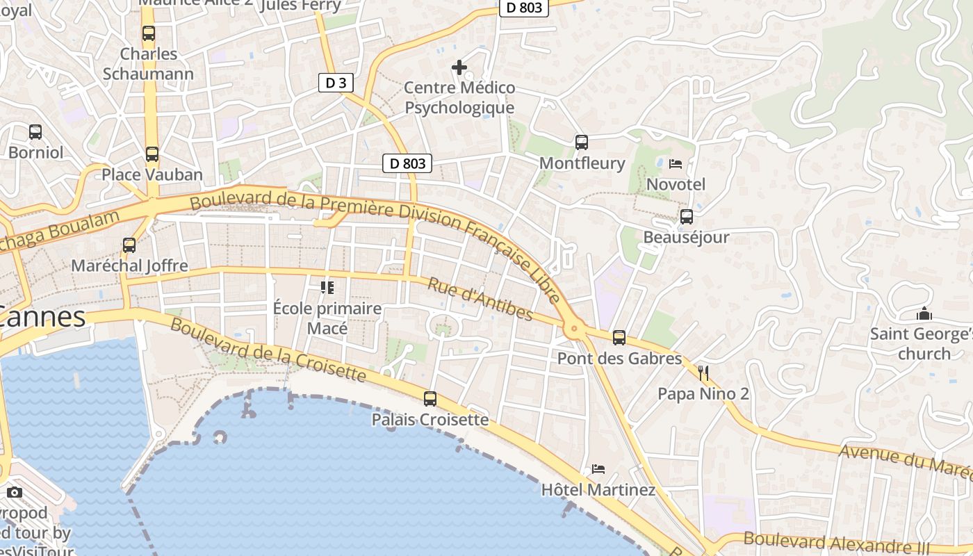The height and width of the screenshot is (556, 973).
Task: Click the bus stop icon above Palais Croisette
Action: pos(430,399)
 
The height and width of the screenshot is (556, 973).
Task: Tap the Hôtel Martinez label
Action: pos(598,490)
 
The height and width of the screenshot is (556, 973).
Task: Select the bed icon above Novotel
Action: pos(676,164)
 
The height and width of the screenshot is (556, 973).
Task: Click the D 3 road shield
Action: pos(336,83)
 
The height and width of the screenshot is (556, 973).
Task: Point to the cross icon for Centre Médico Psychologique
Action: pos(459,67)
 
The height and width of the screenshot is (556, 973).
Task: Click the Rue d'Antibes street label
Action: pos(480,300)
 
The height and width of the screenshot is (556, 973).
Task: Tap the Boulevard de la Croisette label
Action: pos(268,350)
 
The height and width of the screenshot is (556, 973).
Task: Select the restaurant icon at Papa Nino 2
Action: pos(703,373)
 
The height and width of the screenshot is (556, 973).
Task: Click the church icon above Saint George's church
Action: pos(924,313)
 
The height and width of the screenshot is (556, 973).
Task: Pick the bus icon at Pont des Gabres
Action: pos(619,338)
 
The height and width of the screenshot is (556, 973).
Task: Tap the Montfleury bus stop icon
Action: pos(582,142)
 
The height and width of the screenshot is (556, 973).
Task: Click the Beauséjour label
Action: pos(686,237)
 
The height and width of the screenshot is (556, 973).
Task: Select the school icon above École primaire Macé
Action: pos(327,287)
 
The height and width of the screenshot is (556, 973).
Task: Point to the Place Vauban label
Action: pos(152,174)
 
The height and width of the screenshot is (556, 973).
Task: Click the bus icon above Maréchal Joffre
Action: pos(129,245)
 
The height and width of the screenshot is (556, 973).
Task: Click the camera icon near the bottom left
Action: pos(15,492)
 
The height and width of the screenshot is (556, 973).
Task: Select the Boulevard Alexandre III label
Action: pos(836,543)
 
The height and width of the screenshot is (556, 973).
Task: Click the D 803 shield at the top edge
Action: pos(524,8)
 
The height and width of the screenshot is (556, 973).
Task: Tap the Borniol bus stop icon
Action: pos(35,131)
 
